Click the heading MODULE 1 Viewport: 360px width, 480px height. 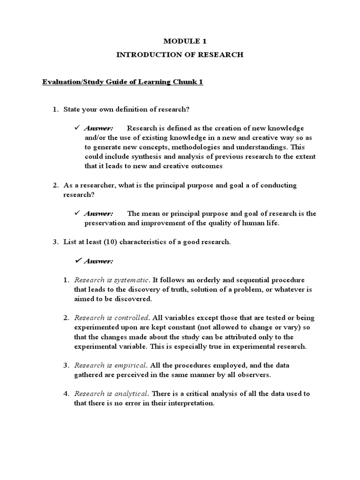click(x=180, y=41)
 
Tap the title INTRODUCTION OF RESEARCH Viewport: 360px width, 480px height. click(x=180, y=55)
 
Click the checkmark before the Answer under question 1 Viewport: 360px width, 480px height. click(x=78, y=128)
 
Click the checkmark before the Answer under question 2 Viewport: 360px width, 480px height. click(x=78, y=213)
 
